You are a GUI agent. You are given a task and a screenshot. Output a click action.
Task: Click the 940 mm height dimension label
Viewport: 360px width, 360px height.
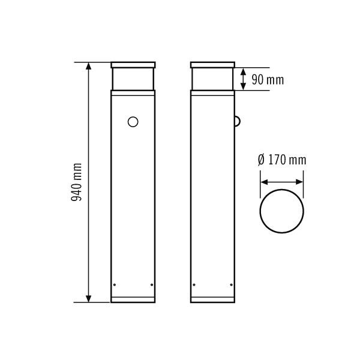click(x=77, y=182)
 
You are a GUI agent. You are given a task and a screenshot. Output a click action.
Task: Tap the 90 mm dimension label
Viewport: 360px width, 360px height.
click(x=267, y=79)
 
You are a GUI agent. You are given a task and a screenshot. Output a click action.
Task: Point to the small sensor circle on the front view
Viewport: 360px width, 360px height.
click(x=133, y=122)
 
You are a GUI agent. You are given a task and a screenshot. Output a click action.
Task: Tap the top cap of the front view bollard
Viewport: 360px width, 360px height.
click(x=133, y=65)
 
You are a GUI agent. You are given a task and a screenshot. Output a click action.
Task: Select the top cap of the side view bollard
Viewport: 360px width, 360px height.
click(x=212, y=65)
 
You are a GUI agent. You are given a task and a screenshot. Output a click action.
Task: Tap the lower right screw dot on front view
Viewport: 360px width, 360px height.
click(x=152, y=284)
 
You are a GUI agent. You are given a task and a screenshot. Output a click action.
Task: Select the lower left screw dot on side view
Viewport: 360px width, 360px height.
click(x=193, y=284)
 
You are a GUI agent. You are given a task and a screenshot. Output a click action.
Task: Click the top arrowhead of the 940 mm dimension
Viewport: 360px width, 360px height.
click(x=89, y=65)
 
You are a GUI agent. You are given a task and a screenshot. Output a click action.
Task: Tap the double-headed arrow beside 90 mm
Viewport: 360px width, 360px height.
click(x=243, y=79)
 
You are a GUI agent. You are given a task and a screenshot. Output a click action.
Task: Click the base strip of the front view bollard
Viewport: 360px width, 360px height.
click(x=133, y=299)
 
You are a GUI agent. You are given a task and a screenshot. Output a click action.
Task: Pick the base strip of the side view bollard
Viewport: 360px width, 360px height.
click(x=212, y=299)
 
